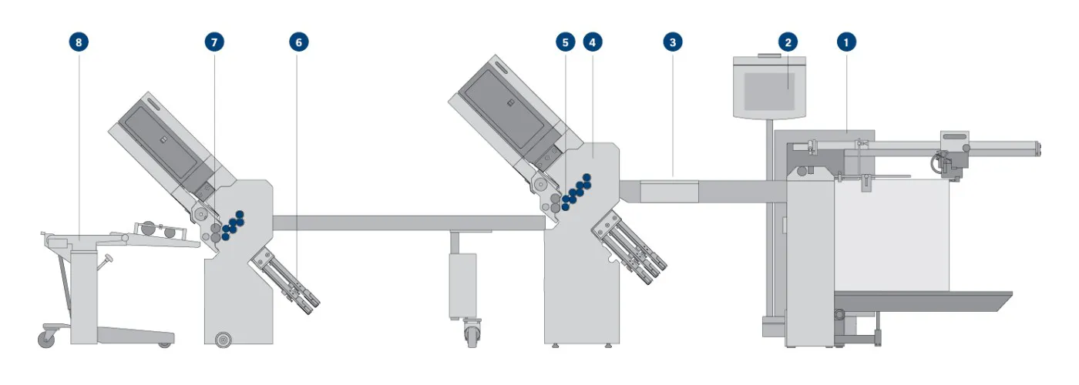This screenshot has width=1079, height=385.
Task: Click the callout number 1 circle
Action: [846, 42]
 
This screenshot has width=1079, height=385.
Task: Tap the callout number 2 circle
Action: [788, 42]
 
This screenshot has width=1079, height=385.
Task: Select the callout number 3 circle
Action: [673, 42]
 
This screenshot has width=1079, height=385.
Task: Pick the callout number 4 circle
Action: [593, 42]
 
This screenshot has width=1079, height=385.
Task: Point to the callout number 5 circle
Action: [566, 42]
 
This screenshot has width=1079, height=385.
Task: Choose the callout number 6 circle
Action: [299, 42]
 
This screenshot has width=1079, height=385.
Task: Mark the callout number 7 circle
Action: [214, 42]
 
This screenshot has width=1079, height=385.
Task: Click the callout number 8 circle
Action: [79, 42]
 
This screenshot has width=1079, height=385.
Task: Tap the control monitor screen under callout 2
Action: [769, 92]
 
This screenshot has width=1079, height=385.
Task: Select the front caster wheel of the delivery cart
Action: [47, 339]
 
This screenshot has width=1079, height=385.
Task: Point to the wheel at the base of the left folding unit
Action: [223, 340]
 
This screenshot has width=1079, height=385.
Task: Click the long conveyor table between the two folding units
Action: [409, 223]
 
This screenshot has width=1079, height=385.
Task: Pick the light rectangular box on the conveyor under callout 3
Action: [669, 191]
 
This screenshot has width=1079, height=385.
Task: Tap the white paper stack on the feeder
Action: [892, 235]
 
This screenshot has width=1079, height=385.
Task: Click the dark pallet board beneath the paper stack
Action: [923, 301]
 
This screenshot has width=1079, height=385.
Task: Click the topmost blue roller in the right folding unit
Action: [587, 178]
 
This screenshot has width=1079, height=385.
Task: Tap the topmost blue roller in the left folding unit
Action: [240, 215]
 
